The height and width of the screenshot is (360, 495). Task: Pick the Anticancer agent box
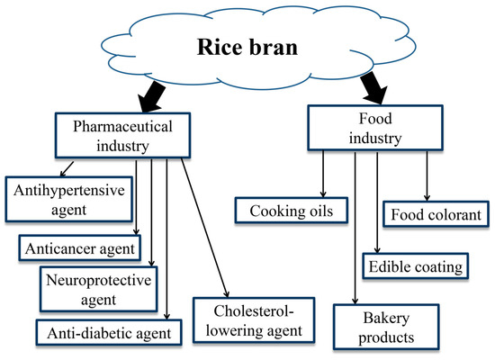point(79,247)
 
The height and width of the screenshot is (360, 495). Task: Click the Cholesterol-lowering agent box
point(256,319)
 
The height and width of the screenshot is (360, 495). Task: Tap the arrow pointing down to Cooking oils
point(322,175)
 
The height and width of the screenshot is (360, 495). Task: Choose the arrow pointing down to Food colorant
point(427,176)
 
